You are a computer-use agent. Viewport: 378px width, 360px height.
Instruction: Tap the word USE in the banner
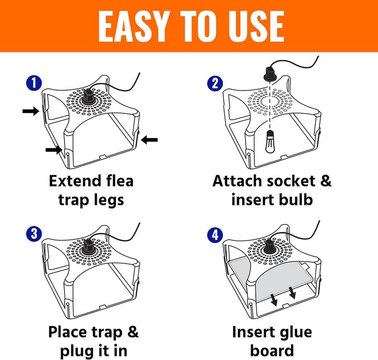coord(250,26)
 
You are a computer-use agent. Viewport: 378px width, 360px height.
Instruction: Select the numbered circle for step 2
coord(215,83)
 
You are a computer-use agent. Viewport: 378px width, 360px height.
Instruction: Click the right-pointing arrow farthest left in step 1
coord(31,112)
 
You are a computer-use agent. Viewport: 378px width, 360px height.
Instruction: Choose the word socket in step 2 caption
coord(289,181)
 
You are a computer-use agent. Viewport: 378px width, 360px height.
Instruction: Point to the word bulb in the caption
coord(297,199)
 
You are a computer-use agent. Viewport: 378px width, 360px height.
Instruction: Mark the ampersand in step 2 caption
coord(325,181)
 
